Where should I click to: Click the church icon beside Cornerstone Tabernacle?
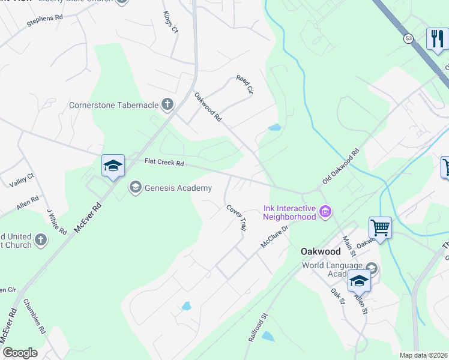[167, 105]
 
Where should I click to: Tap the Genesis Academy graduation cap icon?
[135, 188]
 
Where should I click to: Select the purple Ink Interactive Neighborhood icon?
[326, 211]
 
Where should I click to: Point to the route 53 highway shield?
[409, 38]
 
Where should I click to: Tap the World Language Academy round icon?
[371, 268]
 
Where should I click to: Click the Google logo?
[20, 353]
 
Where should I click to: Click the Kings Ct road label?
[171, 21]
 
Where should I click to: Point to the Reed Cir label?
[245, 85]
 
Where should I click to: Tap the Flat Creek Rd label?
[163, 162]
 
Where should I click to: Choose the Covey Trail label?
[237, 217]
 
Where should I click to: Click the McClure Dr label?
[275, 236]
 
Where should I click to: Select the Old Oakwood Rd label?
[340, 166]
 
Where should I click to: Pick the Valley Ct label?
[23, 179]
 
